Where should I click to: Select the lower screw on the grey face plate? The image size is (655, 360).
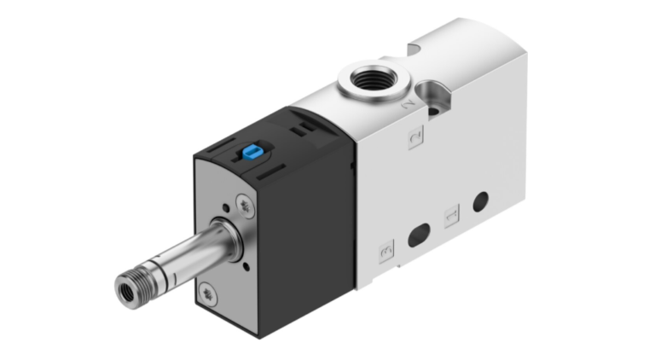[210, 296]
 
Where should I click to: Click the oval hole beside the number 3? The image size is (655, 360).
[419, 234]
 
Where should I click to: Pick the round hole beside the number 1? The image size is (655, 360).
[480, 202]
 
